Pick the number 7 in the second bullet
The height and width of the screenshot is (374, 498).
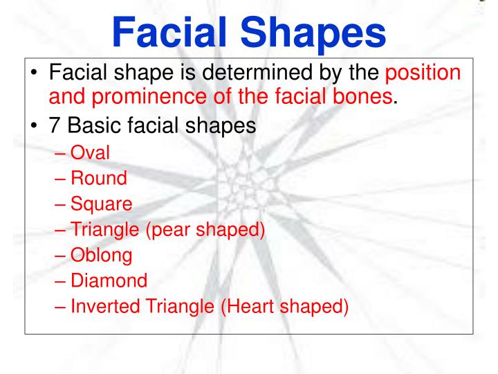click(55, 127)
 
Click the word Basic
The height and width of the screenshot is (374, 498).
click(95, 127)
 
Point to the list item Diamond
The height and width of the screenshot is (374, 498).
click(108, 280)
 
